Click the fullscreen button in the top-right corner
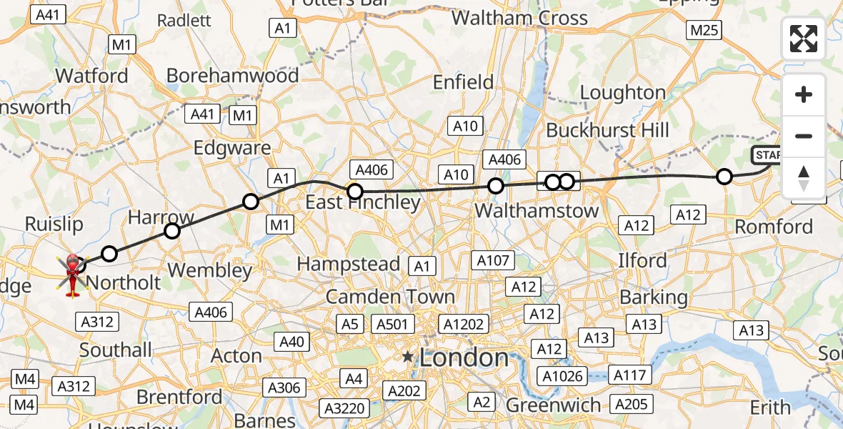[804, 39]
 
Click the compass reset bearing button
[804, 178]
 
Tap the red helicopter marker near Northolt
[72, 273]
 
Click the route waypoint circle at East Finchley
[355, 191]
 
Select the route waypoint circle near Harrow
[171, 230]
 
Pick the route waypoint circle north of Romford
[724, 177]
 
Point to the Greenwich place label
[553, 405]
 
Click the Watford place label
[92, 75]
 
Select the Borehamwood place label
[232, 75]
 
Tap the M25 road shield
[703, 30]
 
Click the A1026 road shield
[564, 376]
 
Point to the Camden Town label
[390, 297]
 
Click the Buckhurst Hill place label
[607, 130]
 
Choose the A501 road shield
[391, 324]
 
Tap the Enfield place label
[464, 82]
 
